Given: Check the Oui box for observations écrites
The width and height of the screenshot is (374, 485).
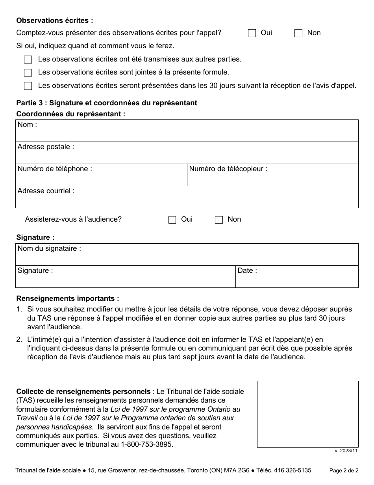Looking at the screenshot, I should coord(252,33).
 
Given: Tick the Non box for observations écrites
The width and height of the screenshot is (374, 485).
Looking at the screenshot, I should coord(298,33).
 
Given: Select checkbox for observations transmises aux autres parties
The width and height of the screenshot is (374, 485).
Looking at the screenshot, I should coord(28,60).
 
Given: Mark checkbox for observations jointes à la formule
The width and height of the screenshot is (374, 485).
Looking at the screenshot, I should coord(28,73).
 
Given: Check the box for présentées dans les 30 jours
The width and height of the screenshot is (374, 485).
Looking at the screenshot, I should coord(28,86).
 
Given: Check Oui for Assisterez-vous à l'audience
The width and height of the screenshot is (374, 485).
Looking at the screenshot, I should coord(172,220).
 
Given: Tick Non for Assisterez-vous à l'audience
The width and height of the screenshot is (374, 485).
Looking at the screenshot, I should coord(219,220).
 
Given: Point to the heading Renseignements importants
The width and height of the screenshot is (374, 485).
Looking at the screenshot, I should coord(67,298).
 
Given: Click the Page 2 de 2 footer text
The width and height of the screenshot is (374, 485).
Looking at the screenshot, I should coord(344,470).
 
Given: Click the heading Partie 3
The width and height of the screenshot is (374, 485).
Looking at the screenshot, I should coord(106,103).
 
